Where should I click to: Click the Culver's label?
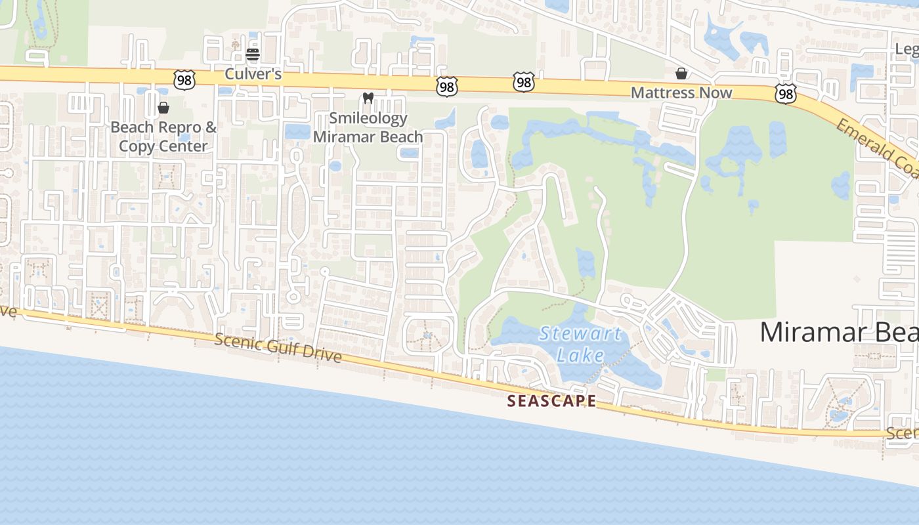[x=253, y=73]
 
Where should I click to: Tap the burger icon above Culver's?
[x=253, y=54]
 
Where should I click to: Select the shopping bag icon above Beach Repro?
[x=163, y=107]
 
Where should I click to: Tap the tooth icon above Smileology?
[x=368, y=98]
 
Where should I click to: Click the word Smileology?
[x=368, y=118]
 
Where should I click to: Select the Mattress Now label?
[x=681, y=93]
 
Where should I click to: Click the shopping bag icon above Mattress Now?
[x=681, y=73]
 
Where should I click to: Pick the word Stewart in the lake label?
[x=580, y=333]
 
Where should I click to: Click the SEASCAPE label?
[x=551, y=401]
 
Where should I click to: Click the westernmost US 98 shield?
[x=184, y=81]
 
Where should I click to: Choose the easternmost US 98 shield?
[x=785, y=94]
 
